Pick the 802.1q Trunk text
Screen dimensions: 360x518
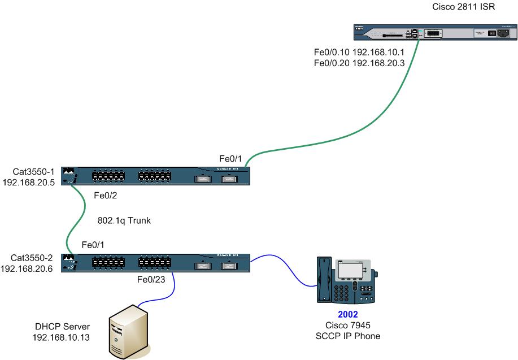click(x=124, y=221)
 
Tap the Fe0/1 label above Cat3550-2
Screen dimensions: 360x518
click(x=94, y=245)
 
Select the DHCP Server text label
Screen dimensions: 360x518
click(x=62, y=327)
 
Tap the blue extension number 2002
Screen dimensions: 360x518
click(x=348, y=315)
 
